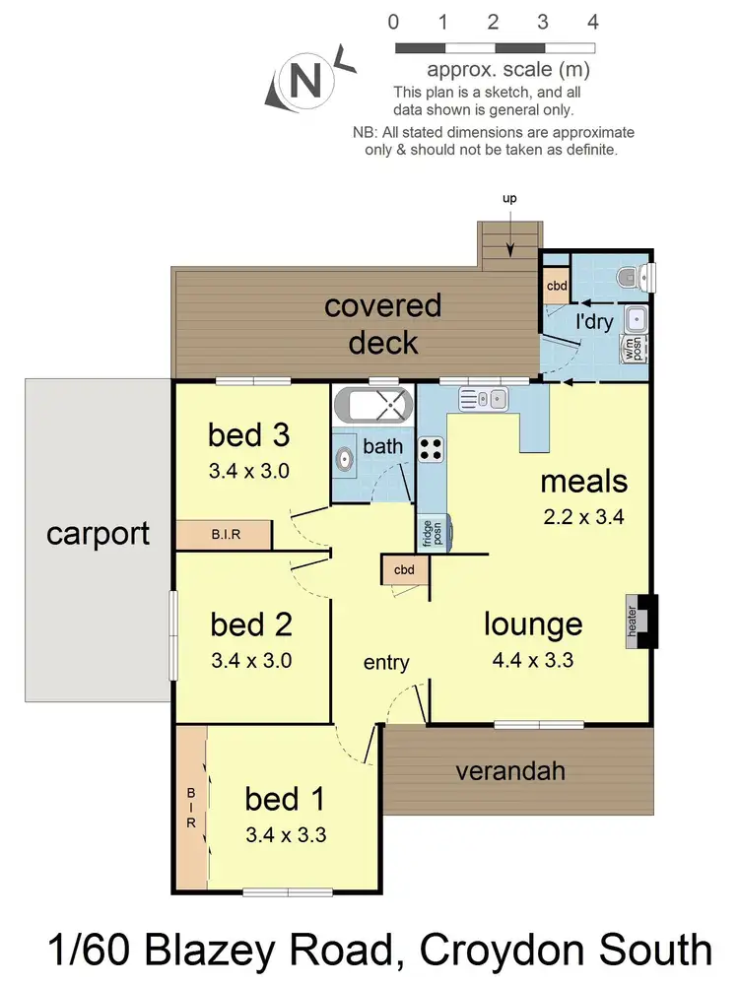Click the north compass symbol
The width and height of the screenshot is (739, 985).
(x=302, y=83)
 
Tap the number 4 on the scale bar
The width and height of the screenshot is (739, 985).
(x=592, y=22)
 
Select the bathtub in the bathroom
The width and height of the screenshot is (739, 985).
(x=371, y=404)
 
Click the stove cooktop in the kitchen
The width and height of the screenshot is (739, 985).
(x=431, y=448)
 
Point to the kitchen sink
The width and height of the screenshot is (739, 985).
(x=483, y=398)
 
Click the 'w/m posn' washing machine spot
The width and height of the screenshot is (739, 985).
(x=631, y=351)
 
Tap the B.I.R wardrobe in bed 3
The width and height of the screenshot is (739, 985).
(x=223, y=535)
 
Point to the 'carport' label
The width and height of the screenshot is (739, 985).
(x=98, y=534)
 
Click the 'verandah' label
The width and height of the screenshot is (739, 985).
(x=510, y=770)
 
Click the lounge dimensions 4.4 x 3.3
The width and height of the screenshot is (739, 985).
(x=533, y=660)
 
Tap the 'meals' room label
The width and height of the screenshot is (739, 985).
(x=583, y=482)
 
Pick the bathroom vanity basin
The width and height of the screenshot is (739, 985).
(x=345, y=459)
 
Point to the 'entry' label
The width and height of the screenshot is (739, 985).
(x=386, y=663)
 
